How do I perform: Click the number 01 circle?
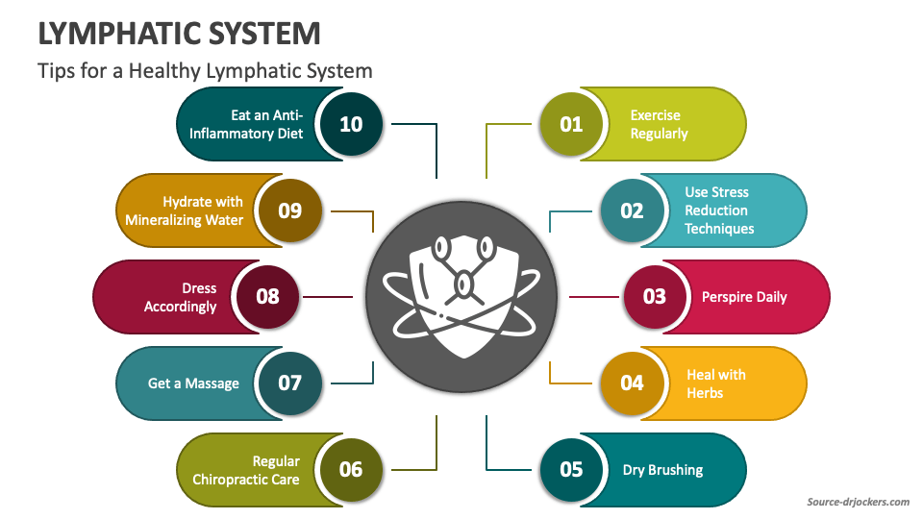[x=571, y=124]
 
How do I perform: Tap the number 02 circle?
[x=632, y=210]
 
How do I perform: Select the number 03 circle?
[x=655, y=296]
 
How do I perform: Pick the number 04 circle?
[x=632, y=383]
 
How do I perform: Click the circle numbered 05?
[x=571, y=469]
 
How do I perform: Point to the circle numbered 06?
[x=351, y=469]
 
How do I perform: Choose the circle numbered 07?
[x=290, y=383]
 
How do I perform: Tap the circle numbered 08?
[x=267, y=296]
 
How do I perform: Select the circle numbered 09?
[x=290, y=210]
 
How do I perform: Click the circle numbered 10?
[x=351, y=124]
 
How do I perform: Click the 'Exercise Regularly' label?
[x=659, y=124]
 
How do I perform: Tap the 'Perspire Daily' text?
[x=744, y=297]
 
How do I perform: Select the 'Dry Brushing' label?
[x=662, y=470]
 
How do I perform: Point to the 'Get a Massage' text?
[x=193, y=383]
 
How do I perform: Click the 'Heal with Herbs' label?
[x=715, y=383]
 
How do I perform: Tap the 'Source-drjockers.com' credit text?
[x=858, y=502]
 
